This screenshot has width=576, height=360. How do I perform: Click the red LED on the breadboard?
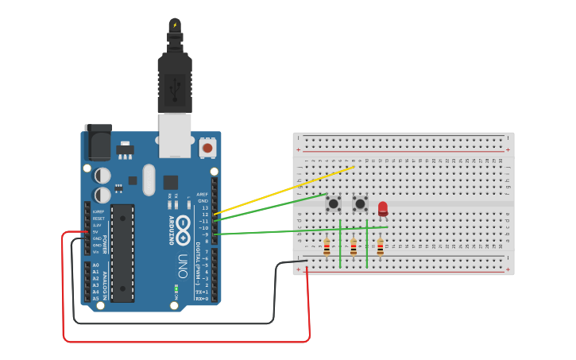(383, 208)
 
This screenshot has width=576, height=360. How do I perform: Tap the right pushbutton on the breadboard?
(360, 203)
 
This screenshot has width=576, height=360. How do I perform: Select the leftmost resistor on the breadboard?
(327, 246)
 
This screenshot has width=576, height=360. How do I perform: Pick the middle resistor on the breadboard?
(354, 246)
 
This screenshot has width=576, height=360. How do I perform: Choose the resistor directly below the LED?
(380, 246)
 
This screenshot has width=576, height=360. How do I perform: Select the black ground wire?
(175, 322)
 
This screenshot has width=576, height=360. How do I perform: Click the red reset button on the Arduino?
(207, 147)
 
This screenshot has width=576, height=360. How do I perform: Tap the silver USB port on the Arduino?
(175, 134)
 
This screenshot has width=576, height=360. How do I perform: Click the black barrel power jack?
(98, 144)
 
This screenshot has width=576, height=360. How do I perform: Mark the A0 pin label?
(95, 265)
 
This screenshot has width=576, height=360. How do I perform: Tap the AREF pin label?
(204, 193)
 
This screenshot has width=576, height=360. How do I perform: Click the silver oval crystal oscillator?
(149, 180)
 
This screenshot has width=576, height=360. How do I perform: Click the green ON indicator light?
(176, 287)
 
